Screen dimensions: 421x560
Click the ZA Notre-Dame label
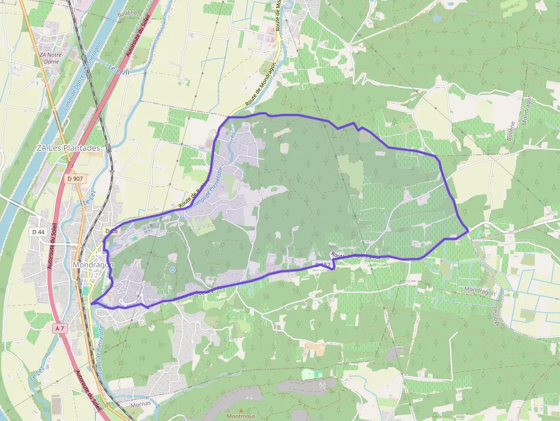click(51, 58)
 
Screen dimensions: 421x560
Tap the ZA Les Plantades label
click(68, 147)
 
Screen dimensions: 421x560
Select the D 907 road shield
click(75, 179)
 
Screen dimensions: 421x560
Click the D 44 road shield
click(38, 232)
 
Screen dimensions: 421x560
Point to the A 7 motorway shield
click(61, 328)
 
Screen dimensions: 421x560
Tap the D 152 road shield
click(323, 265)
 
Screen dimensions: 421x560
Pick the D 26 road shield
click(111, 231)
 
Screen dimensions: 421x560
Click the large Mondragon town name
click(94, 265)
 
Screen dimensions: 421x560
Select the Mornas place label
click(141, 403)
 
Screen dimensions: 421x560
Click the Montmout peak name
click(241, 416)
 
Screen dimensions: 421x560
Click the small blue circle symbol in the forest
click(172, 269)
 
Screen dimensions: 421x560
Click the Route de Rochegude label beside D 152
click(355, 256)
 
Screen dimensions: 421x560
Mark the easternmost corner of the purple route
click(468, 230)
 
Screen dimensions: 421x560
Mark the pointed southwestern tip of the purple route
click(91, 303)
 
